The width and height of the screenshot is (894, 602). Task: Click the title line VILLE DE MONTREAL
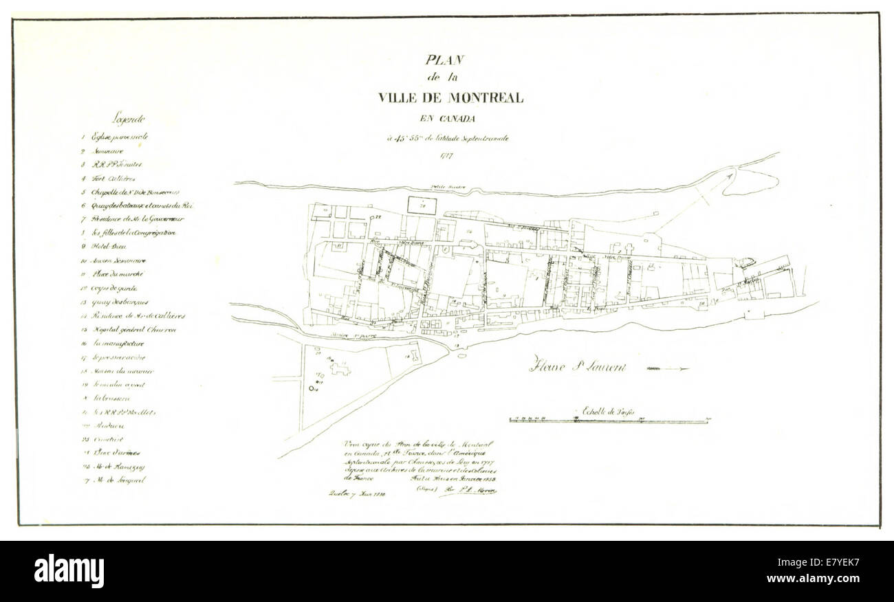pos(450,98)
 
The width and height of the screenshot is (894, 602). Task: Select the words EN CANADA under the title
pos(450,118)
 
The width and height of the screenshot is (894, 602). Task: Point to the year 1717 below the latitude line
pos(449,156)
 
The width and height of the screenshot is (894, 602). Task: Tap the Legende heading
pos(129,118)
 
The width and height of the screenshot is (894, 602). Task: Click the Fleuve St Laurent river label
pos(578,366)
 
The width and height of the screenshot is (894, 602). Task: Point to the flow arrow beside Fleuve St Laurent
pos(667,369)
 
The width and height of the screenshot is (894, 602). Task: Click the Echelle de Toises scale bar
pos(609,421)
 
